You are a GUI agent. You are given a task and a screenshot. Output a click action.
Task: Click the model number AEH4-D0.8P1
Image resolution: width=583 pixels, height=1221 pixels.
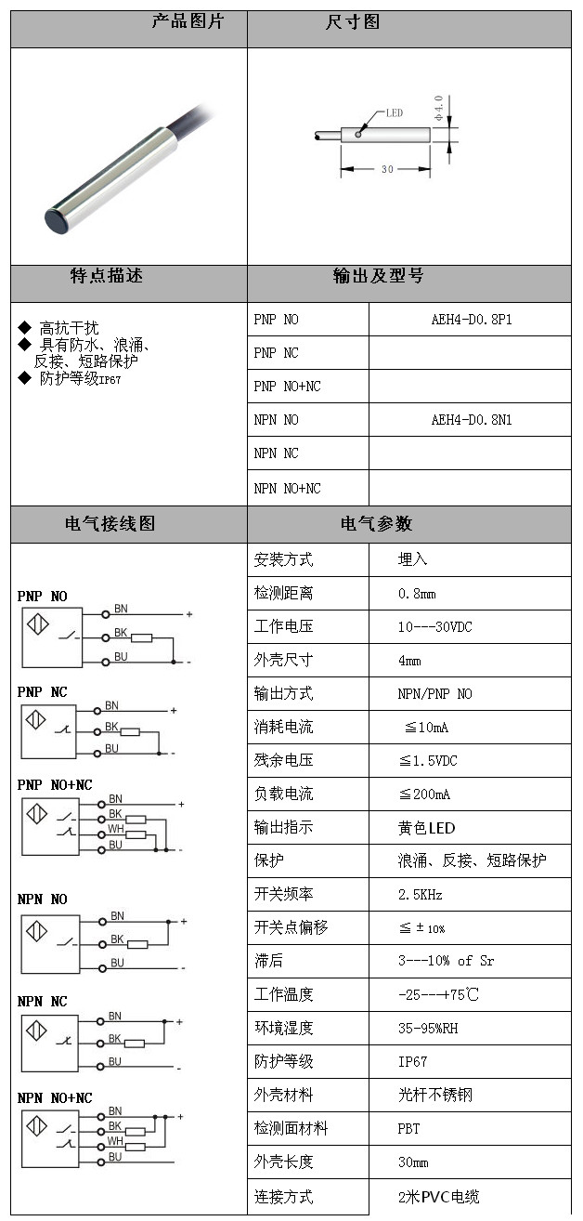[471, 320]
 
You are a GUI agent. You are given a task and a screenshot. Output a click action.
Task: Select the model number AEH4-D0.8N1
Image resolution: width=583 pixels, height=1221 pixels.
[471, 420]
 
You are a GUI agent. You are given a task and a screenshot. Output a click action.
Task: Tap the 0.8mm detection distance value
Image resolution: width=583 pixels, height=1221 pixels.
[417, 593]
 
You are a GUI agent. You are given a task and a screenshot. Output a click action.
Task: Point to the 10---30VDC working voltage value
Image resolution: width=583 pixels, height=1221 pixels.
[434, 626]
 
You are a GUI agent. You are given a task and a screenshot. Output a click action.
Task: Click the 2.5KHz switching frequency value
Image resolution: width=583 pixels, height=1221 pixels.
[420, 894]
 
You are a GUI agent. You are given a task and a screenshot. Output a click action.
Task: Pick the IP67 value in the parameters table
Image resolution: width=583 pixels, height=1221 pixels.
[412, 1061]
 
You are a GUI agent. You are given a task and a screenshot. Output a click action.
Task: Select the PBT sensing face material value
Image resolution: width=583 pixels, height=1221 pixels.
[408, 1128]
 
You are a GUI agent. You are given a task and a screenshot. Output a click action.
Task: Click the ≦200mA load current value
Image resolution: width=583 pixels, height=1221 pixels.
[424, 794]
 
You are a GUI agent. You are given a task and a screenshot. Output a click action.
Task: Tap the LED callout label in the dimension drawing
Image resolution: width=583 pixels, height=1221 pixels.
[393, 113]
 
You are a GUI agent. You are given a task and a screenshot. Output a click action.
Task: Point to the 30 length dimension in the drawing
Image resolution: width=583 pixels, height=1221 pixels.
[386, 169]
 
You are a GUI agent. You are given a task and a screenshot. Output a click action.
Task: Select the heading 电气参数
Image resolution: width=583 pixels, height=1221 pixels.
[377, 524]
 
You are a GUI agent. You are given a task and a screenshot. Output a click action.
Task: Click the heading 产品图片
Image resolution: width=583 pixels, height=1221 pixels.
[188, 21]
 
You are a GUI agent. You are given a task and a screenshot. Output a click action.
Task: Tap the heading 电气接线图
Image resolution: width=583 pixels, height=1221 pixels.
[110, 524]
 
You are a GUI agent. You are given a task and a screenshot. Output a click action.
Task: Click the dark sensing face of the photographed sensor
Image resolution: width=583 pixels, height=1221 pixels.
[59, 221]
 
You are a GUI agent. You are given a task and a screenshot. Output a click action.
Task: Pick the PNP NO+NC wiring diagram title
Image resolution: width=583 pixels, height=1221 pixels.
[55, 785]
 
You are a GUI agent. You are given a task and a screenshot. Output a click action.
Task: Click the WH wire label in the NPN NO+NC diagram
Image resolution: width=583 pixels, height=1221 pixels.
[115, 1140]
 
